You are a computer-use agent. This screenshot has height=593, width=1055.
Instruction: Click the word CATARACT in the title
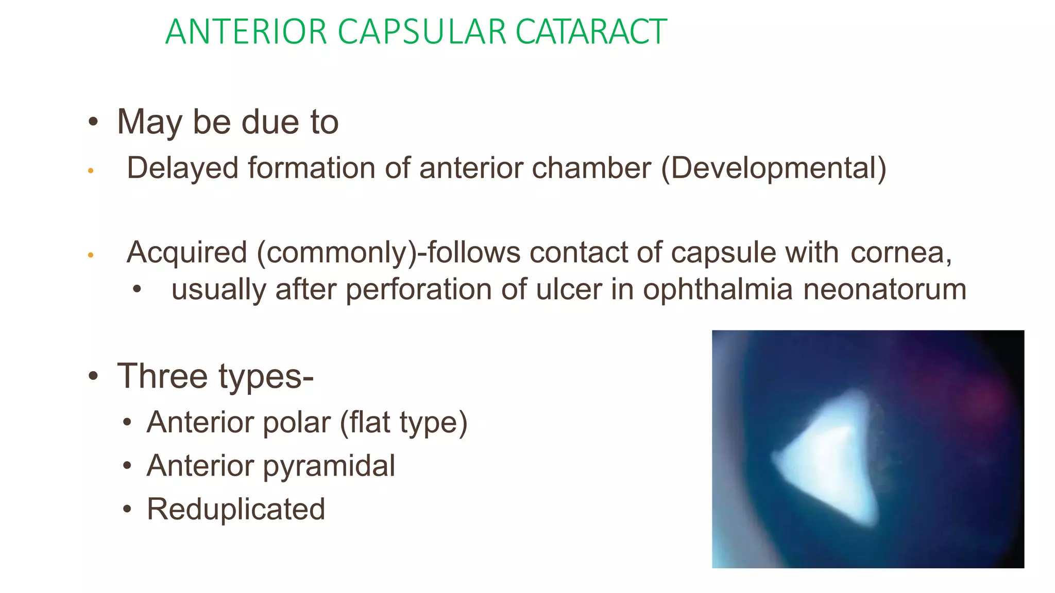click(x=591, y=32)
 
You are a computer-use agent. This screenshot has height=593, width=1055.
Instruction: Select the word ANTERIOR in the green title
click(x=246, y=32)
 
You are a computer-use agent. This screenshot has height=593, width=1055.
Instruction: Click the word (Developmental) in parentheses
click(x=774, y=168)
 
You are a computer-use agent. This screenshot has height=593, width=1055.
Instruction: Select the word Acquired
click(x=187, y=253)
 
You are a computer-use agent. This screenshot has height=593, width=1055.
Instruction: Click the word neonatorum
click(x=884, y=289)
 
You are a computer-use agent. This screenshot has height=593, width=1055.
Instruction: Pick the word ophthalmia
click(x=718, y=289)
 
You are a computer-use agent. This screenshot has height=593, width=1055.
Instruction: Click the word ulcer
click(x=569, y=289)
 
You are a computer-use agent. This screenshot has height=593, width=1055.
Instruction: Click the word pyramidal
click(x=329, y=466)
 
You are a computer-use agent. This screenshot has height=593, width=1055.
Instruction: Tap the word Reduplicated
click(x=236, y=509)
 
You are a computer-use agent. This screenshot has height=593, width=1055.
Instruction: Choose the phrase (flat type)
click(x=403, y=423)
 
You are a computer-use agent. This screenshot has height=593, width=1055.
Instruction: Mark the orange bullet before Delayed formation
click(x=91, y=170)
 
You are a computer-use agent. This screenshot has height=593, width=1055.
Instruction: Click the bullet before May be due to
click(x=93, y=123)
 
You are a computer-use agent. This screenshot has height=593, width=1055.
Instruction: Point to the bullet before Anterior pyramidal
click(x=127, y=466)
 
